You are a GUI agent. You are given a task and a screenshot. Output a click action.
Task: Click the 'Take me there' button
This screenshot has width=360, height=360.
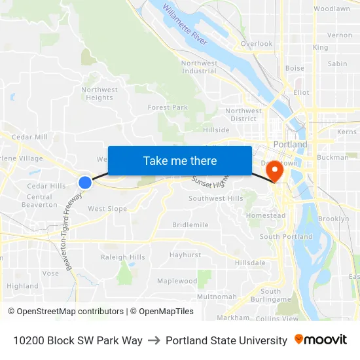click(x=180, y=160)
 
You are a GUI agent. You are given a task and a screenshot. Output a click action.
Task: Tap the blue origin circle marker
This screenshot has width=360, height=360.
click(x=84, y=182)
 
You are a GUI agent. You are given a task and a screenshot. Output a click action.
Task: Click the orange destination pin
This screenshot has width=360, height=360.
click(x=273, y=171)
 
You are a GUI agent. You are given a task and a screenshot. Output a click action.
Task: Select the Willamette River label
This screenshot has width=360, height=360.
click(x=185, y=26)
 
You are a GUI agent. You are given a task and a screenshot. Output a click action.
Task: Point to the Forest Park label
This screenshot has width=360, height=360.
click(x=168, y=107)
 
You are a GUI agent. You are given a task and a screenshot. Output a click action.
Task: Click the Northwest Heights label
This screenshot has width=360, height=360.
click(x=99, y=94)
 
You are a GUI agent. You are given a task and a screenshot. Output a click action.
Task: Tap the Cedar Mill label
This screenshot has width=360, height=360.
click(x=29, y=137)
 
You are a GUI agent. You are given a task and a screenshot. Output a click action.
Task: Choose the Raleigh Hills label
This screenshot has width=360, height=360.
click(x=123, y=257)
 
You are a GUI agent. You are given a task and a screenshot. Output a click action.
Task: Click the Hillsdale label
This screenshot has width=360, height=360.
click(x=250, y=262)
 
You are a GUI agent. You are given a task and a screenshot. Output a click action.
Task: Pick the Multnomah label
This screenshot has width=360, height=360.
click(x=217, y=297)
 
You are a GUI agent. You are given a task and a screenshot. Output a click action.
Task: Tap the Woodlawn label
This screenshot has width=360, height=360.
click(x=331, y=9)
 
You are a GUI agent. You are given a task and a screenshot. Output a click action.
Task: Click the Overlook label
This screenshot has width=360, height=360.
click(x=256, y=44)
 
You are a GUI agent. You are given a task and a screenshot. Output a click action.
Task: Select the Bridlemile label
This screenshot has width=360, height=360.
click(x=190, y=225)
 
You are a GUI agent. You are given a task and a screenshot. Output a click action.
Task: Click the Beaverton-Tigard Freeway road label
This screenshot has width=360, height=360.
click(x=74, y=231)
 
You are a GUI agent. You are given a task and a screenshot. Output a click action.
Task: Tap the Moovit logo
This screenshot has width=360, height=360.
click(x=320, y=340)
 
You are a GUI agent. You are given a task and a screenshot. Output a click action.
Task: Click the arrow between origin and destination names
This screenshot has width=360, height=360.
click(x=154, y=340)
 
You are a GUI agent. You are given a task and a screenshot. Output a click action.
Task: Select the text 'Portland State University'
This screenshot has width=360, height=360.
click(x=226, y=340)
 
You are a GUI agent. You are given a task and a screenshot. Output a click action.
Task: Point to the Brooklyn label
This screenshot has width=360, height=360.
click(x=333, y=219)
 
